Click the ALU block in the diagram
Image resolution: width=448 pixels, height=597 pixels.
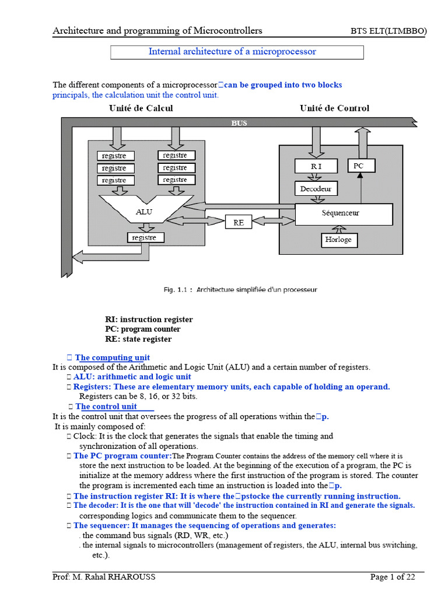[x=144, y=212]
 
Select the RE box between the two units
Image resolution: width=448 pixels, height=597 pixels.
[x=239, y=222]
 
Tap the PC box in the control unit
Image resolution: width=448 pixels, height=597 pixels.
[x=359, y=166]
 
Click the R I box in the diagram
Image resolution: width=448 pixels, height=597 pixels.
[x=316, y=166]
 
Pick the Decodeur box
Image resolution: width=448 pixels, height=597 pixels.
[x=316, y=189]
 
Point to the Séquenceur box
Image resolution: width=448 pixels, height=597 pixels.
[x=344, y=213]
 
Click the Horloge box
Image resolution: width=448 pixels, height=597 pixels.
[x=338, y=240]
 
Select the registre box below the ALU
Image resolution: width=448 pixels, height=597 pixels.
[x=145, y=238]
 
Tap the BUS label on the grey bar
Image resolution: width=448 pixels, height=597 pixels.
[x=239, y=123]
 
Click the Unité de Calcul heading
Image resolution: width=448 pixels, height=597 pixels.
[x=141, y=108]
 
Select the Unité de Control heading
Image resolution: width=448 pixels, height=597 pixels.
[x=334, y=108]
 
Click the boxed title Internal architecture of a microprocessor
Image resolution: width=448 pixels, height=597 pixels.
[x=237, y=52]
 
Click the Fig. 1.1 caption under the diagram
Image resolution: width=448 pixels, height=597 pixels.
[x=239, y=290]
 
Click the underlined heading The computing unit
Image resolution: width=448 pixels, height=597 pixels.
[x=112, y=357]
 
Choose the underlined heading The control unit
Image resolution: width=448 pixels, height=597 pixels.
[x=106, y=406]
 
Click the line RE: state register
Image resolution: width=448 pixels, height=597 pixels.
[x=138, y=339]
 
